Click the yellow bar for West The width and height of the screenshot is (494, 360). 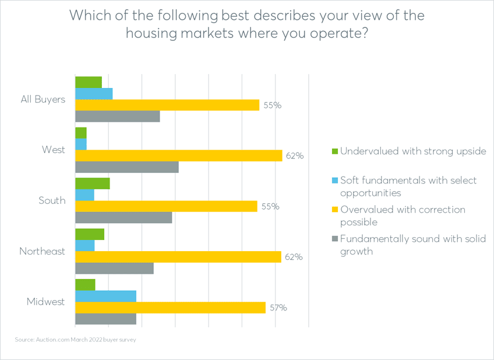[178, 156]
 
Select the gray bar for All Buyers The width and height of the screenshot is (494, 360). [117, 116]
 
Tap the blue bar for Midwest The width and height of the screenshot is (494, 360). [105, 296]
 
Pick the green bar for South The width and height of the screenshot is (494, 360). [92, 183]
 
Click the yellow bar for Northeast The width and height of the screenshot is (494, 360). [178, 257]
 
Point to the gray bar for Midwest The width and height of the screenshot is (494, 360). [105, 319]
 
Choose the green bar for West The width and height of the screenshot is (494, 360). [80, 133]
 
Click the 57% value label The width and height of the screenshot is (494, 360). [277, 308]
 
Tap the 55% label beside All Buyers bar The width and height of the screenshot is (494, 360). [272, 105]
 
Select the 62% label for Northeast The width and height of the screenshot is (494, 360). [293, 257]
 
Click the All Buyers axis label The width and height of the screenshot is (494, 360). [43, 100]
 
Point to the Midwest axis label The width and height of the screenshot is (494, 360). [46, 302]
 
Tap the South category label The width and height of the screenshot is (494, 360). [52, 200]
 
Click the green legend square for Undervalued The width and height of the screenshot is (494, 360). [334, 151]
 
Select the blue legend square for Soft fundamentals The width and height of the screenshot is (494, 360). [334, 180]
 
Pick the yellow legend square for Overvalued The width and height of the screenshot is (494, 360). [334, 209]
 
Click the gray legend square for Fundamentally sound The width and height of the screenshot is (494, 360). [334, 239]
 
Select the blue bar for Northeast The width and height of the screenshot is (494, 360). [84, 246]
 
